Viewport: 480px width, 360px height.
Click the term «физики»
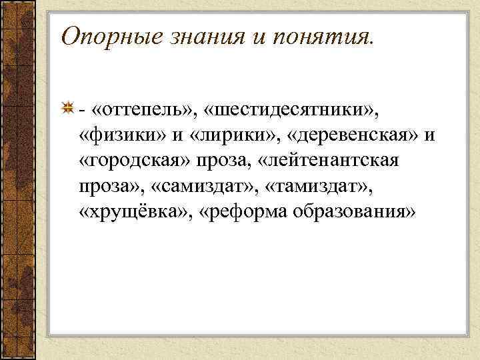pos(121,136)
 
